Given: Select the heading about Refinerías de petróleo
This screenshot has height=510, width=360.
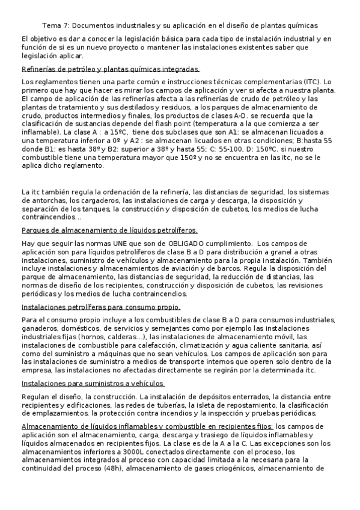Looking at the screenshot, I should click(x=110, y=69).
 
